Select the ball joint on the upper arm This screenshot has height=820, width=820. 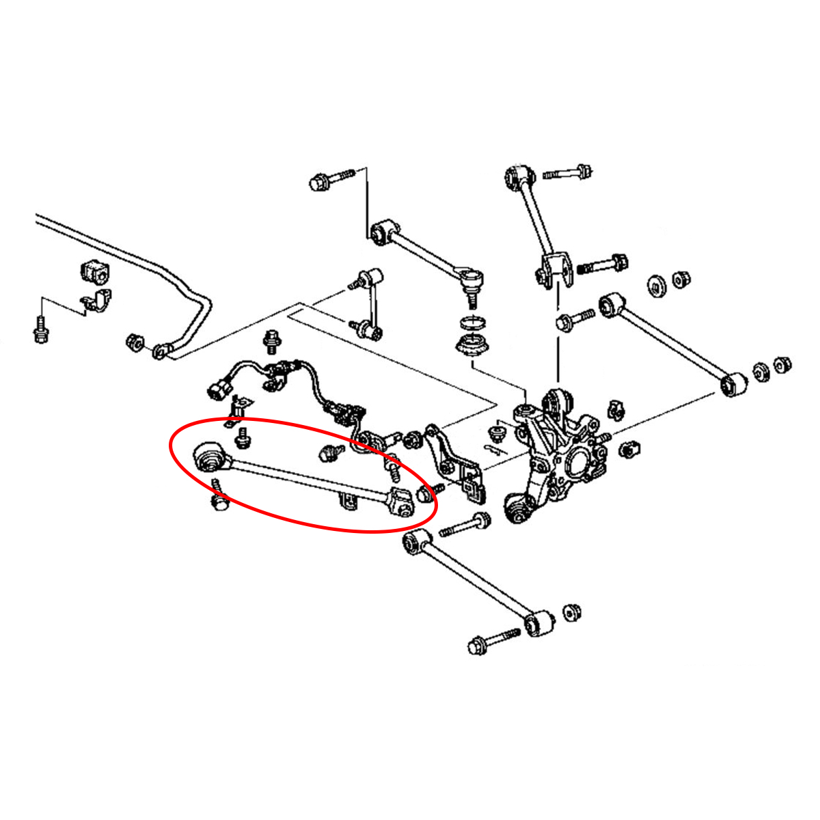pyautogui.click(x=471, y=278)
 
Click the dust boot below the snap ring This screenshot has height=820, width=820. pyautogui.click(x=471, y=344)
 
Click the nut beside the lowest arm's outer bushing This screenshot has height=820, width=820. pyautogui.click(x=571, y=612)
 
